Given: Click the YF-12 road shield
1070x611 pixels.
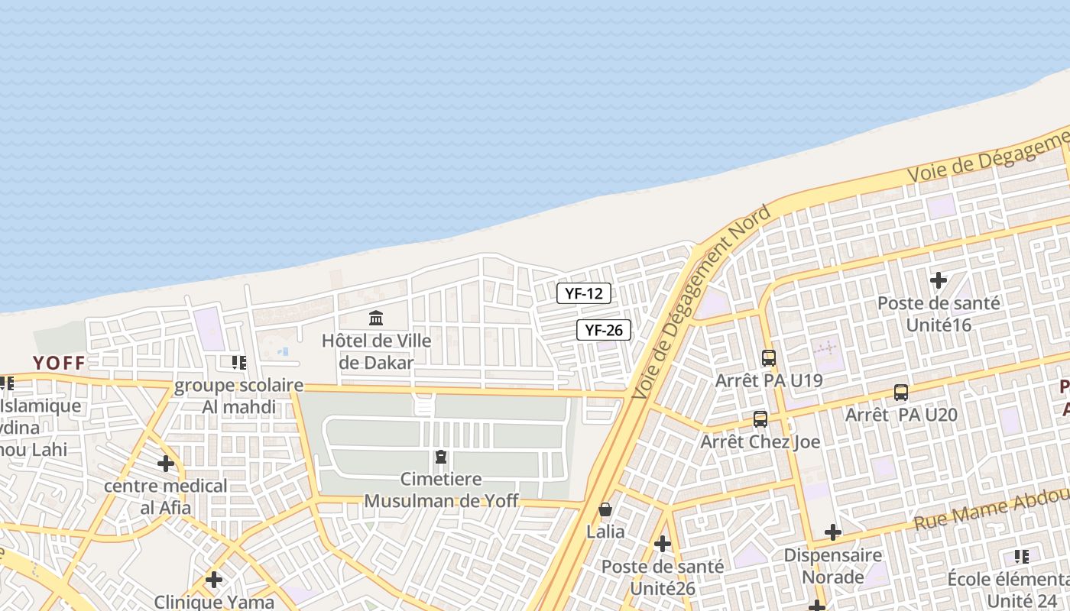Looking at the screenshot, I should pos(583,293).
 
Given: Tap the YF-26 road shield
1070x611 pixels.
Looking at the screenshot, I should pos(603,330).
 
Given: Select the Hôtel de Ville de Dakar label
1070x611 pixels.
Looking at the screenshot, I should pos(376,351).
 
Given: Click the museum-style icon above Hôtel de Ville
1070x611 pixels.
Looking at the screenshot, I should pos(376,318).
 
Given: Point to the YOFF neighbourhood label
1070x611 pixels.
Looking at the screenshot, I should pos(58,363).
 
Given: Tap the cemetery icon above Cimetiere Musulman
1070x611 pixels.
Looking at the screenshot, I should pos(441,457).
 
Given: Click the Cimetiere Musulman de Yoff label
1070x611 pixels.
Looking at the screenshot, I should pos(441,490).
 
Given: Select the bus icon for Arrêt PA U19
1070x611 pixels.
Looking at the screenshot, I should pos(768,357).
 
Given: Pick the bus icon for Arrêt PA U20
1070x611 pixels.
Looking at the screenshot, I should pos(901,393).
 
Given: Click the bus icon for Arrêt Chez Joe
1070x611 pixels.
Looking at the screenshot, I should pos(760,419).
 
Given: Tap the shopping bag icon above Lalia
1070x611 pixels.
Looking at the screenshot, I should pos(605,509).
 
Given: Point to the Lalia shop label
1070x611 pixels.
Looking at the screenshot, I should pos(605,532).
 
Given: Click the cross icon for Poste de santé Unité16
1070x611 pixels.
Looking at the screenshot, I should pos(939,280).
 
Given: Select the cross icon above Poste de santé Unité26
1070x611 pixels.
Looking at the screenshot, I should pos(663,544).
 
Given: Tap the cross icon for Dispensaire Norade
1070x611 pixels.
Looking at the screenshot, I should pos(833,532).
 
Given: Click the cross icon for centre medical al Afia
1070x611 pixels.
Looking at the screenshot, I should pos(166,463).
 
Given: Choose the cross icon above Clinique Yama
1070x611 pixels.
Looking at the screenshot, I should pos(214,580).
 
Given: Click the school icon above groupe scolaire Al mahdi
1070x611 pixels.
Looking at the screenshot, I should pos(239,362).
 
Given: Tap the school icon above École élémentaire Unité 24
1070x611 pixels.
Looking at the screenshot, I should pos(1022,556).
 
